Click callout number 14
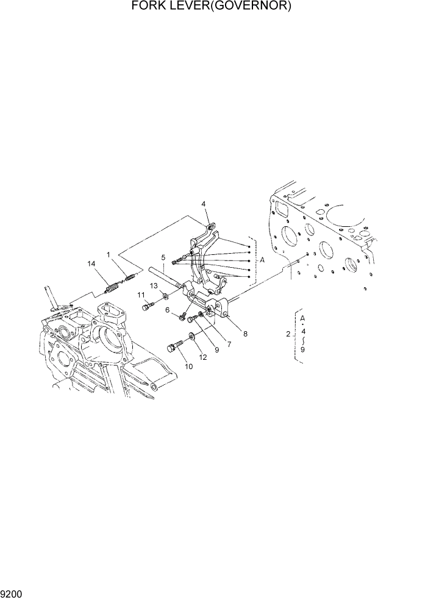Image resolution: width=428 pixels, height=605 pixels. coord(91,263)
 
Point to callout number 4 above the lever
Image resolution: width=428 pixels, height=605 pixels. coord(204,204)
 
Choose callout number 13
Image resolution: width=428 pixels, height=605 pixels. coord(154,285)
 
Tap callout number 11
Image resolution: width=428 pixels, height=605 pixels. coord(141,295)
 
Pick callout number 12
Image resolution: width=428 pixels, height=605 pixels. coord(203,357)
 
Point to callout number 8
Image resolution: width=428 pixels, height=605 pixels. coord(245,334)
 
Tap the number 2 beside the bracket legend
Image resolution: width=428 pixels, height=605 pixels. coord(288,334)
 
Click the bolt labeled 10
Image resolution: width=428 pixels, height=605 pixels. coord(174,349)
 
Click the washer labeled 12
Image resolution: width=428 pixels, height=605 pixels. coord(191,335)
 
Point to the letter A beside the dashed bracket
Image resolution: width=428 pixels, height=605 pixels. coord(262,260)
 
